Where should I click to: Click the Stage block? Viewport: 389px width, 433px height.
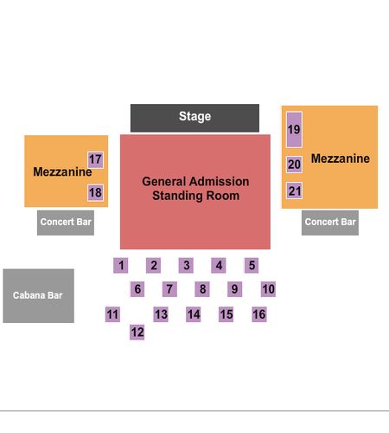(194, 118)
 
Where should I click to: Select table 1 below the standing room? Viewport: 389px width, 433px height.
(121, 265)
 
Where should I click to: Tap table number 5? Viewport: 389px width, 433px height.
(252, 265)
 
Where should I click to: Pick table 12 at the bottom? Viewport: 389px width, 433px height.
(137, 333)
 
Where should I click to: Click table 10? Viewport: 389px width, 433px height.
(268, 289)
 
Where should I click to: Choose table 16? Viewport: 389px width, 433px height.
(259, 314)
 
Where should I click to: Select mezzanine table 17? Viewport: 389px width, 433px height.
(95, 159)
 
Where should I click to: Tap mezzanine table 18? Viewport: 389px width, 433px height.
(95, 192)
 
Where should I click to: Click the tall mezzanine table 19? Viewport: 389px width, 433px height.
(294, 130)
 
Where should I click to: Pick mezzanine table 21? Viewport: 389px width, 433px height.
(294, 191)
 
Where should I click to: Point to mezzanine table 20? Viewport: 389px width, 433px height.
(294, 165)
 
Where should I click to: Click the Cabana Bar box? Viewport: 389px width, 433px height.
(39, 296)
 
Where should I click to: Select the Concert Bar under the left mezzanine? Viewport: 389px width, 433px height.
(66, 223)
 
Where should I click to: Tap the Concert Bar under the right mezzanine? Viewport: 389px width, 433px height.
(330, 223)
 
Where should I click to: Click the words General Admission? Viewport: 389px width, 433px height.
(195, 182)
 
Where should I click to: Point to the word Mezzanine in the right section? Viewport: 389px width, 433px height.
(341, 158)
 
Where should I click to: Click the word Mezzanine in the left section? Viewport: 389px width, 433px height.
(62, 171)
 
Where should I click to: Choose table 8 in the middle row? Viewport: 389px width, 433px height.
(202, 289)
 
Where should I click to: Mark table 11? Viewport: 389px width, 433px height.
(112, 314)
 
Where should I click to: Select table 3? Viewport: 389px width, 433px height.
(186, 265)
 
